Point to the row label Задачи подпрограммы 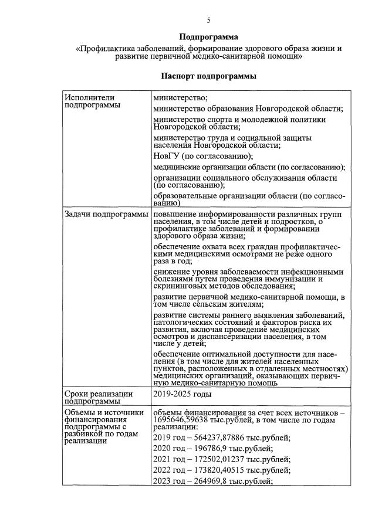click(x=106, y=215)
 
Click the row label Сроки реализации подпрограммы click(x=98, y=398)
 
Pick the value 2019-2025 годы click(x=182, y=394)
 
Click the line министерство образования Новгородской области click(x=248, y=109)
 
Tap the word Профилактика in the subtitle click(x=110, y=48)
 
